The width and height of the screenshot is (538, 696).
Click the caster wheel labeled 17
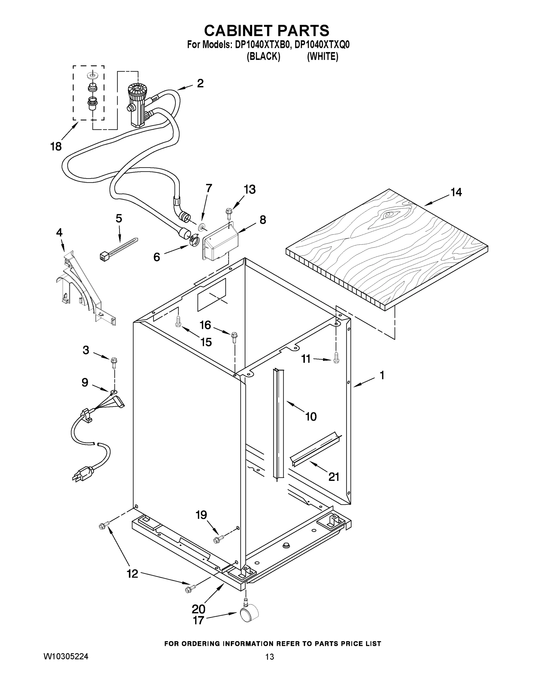[249, 615]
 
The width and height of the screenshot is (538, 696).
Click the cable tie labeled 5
[119, 249]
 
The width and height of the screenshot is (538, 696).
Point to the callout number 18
[56, 146]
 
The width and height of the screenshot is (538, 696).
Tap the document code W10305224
[66, 656]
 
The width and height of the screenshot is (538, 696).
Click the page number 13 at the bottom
[269, 657]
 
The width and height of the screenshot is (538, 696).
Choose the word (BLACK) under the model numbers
[263, 57]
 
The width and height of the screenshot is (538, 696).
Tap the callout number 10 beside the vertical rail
[311, 416]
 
